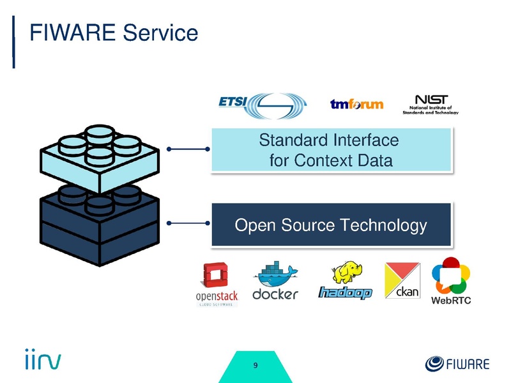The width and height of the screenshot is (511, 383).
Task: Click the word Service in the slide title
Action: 160,33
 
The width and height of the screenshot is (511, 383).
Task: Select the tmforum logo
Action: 356,104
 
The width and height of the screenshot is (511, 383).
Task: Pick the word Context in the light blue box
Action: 324,160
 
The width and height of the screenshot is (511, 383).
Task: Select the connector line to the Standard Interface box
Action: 189,150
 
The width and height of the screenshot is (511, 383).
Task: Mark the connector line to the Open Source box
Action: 189,223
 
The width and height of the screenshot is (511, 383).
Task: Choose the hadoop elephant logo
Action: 346,281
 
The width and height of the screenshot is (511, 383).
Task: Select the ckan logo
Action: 401,281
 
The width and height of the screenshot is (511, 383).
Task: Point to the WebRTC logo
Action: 452,281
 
